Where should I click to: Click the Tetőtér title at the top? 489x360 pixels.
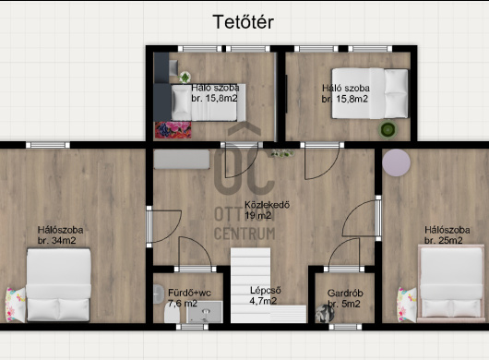244,22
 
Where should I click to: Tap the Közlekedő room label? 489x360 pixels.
268,205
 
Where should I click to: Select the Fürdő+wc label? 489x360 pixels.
189,293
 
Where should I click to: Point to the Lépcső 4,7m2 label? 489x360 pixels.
265,295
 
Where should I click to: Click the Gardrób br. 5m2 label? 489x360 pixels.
345,298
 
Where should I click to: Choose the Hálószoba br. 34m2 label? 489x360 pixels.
60,234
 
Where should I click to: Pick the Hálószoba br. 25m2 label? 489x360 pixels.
447,234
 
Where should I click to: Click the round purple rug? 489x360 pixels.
396,162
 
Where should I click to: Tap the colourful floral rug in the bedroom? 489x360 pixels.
173,130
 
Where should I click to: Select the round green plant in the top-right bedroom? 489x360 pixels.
388,129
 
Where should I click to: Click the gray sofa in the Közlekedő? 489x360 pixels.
182,160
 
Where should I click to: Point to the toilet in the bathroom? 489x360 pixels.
172,313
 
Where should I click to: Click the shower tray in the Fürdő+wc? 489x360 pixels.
205,312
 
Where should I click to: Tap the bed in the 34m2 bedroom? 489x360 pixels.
59,285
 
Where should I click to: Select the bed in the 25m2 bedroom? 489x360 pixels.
450,283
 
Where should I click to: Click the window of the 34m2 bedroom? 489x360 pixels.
48,145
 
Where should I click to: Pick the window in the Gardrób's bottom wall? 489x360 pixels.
345,327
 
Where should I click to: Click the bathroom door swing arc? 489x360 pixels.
198,248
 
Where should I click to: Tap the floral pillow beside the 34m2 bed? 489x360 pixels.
16,305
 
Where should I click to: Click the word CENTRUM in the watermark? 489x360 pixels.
244,234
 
